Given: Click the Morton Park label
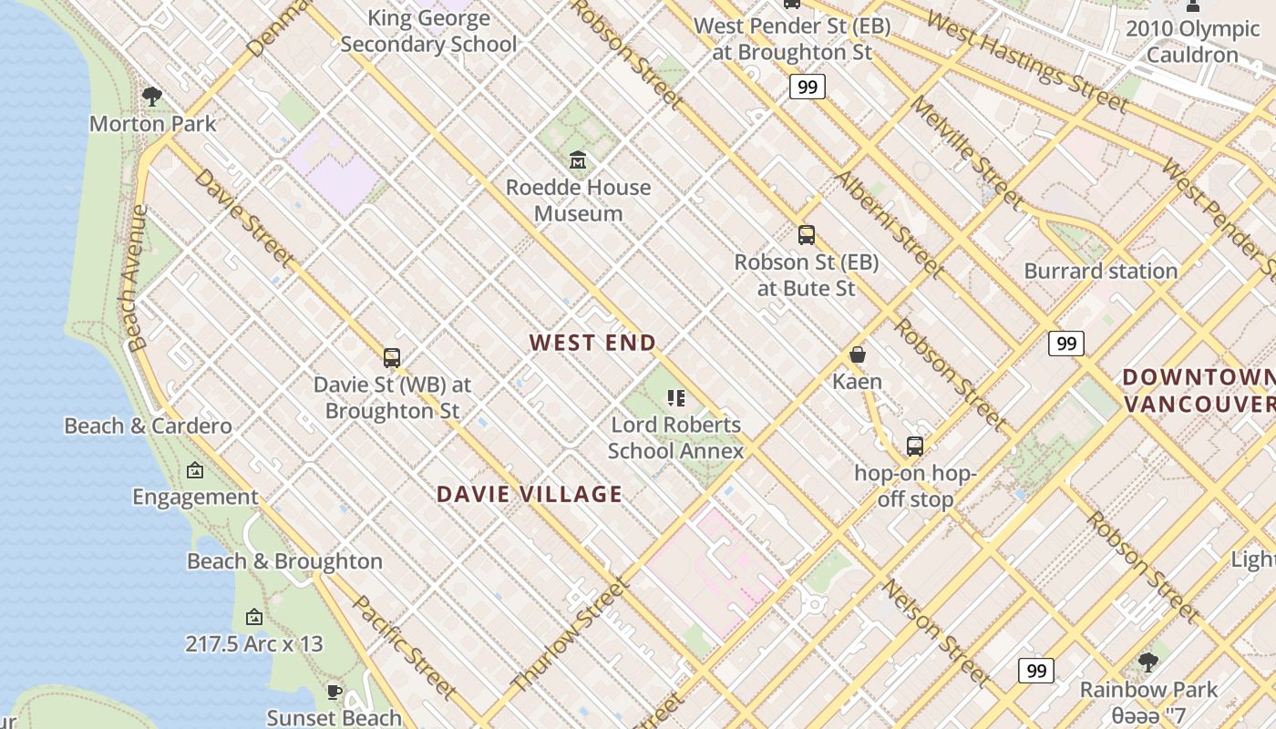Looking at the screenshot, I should pos(153,123).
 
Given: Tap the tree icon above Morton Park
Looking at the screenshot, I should pos(152,96).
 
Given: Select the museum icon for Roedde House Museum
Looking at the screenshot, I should pos(577,160).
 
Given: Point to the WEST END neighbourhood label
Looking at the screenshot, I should pos(592,343).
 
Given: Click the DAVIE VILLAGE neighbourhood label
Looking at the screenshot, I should pos(530,494).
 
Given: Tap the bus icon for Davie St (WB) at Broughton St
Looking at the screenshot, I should pos(392,358).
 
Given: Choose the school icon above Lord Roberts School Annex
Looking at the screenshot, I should pos(675,397).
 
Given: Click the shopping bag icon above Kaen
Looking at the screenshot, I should pos(857,354).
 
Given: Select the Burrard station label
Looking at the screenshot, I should pos(1101,271).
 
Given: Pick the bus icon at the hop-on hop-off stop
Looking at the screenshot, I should pos(914,446).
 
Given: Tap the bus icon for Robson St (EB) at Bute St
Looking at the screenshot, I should pos(806,235).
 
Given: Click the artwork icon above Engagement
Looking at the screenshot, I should pos(195,470).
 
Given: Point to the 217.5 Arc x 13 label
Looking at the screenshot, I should pos(254,643).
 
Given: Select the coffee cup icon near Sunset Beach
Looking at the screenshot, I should pos(334,692).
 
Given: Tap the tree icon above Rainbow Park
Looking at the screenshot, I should pos(1148,662).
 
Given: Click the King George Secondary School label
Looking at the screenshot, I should pos(428,31).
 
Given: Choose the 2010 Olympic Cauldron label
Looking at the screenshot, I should pos(1192,42).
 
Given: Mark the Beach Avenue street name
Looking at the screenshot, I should pos(138,278).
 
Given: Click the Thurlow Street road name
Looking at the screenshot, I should pos(571,634).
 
